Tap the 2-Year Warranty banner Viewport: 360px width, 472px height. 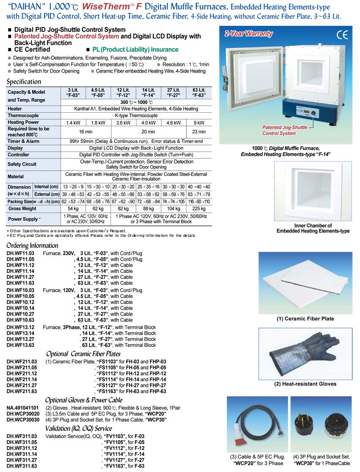249,34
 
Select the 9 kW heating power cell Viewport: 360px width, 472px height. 199,122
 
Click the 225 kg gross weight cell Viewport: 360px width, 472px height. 199,208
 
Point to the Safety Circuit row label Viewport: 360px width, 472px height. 22,164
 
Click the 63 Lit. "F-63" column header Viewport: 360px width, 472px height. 199,92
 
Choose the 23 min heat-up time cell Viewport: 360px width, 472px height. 199,132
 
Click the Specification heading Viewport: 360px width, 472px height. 24,82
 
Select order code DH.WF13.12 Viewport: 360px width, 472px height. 21,327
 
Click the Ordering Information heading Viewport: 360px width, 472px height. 32,245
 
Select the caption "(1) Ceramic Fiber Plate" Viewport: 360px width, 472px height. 305,319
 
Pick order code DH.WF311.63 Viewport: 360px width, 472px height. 22,466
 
